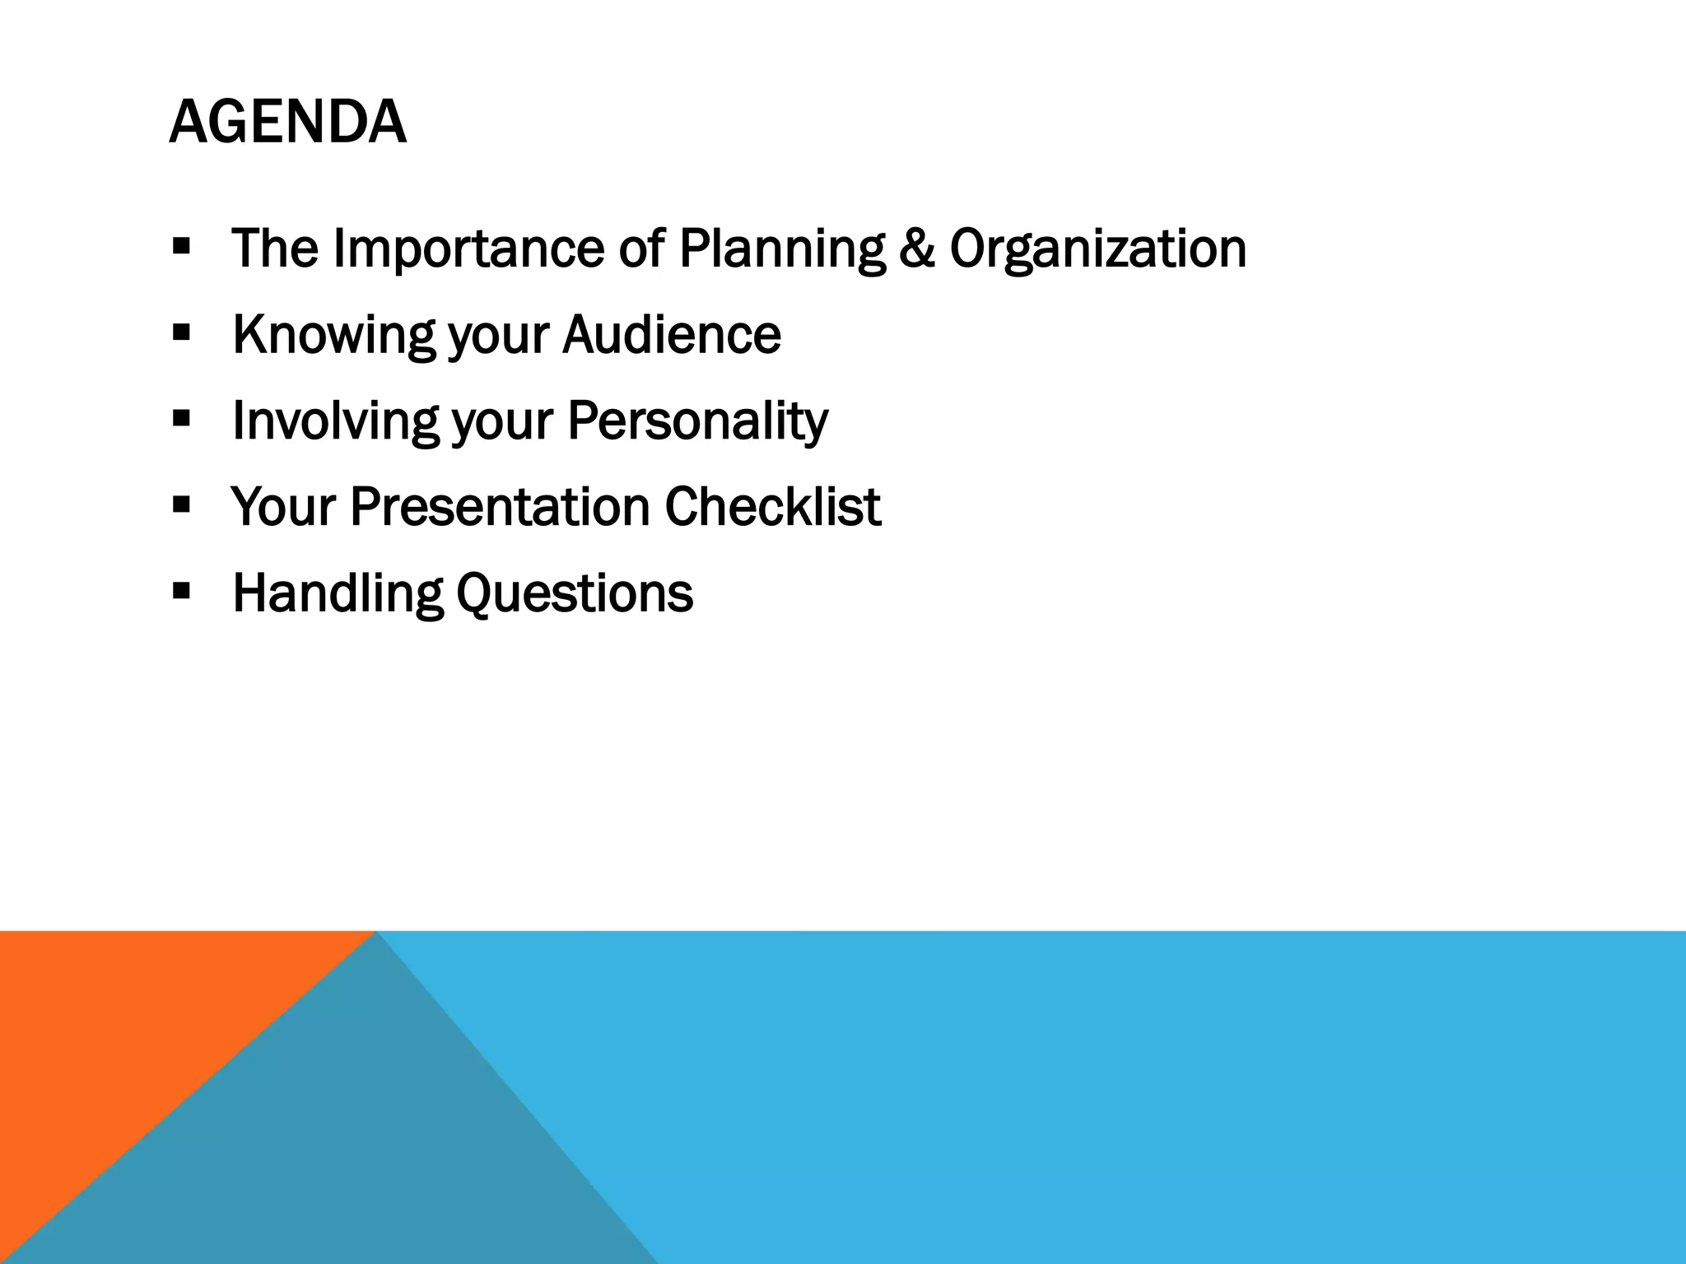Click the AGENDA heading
coord(287,122)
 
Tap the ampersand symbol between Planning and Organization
coord(916,248)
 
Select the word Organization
coord(1097,249)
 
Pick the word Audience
coord(672,334)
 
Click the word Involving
coord(335,421)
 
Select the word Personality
coord(697,421)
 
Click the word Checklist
coord(772,506)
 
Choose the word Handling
coord(338,593)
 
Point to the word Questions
coord(575,593)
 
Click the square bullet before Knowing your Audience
coord(182,332)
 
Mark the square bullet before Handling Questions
coord(182,590)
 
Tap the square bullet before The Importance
coord(182,245)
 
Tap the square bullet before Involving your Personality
coord(182,417)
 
